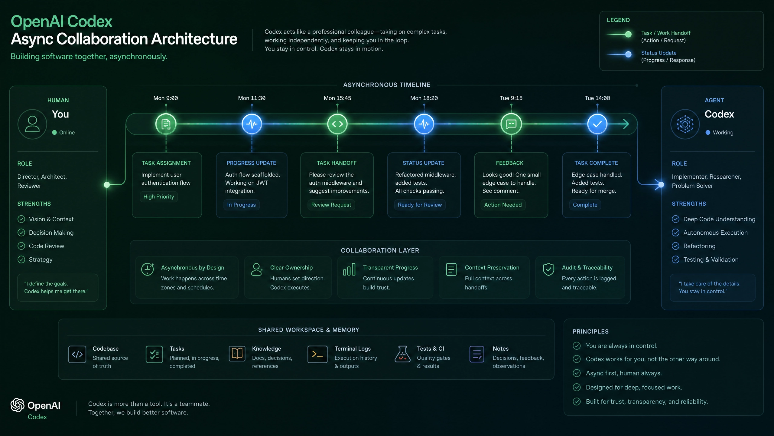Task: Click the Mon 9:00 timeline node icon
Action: [x=166, y=124]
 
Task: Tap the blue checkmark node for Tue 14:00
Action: [x=597, y=124]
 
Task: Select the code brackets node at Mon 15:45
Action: [x=337, y=124]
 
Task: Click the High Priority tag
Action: [x=159, y=197]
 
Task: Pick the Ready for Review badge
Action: [x=420, y=205]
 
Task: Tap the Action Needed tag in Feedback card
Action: [x=503, y=205]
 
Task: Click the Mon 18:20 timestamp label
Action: [x=424, y=98]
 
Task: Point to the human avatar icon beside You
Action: [x=32, y=124]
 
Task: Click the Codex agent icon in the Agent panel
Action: [x=685, y=124]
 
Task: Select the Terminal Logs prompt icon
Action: [x=317, y=354]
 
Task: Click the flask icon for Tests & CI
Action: [x=402, y=354]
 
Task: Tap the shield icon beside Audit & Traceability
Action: [x=548, y=269]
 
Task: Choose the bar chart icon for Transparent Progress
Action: [x=349, y=269]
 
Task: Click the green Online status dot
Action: [x=54, y=133]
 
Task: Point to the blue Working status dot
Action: [x=708, y=133]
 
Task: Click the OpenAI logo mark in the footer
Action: [x=18, y=405]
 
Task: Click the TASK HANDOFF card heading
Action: [x=337, y=163]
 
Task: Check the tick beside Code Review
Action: [x=21, y=246]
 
